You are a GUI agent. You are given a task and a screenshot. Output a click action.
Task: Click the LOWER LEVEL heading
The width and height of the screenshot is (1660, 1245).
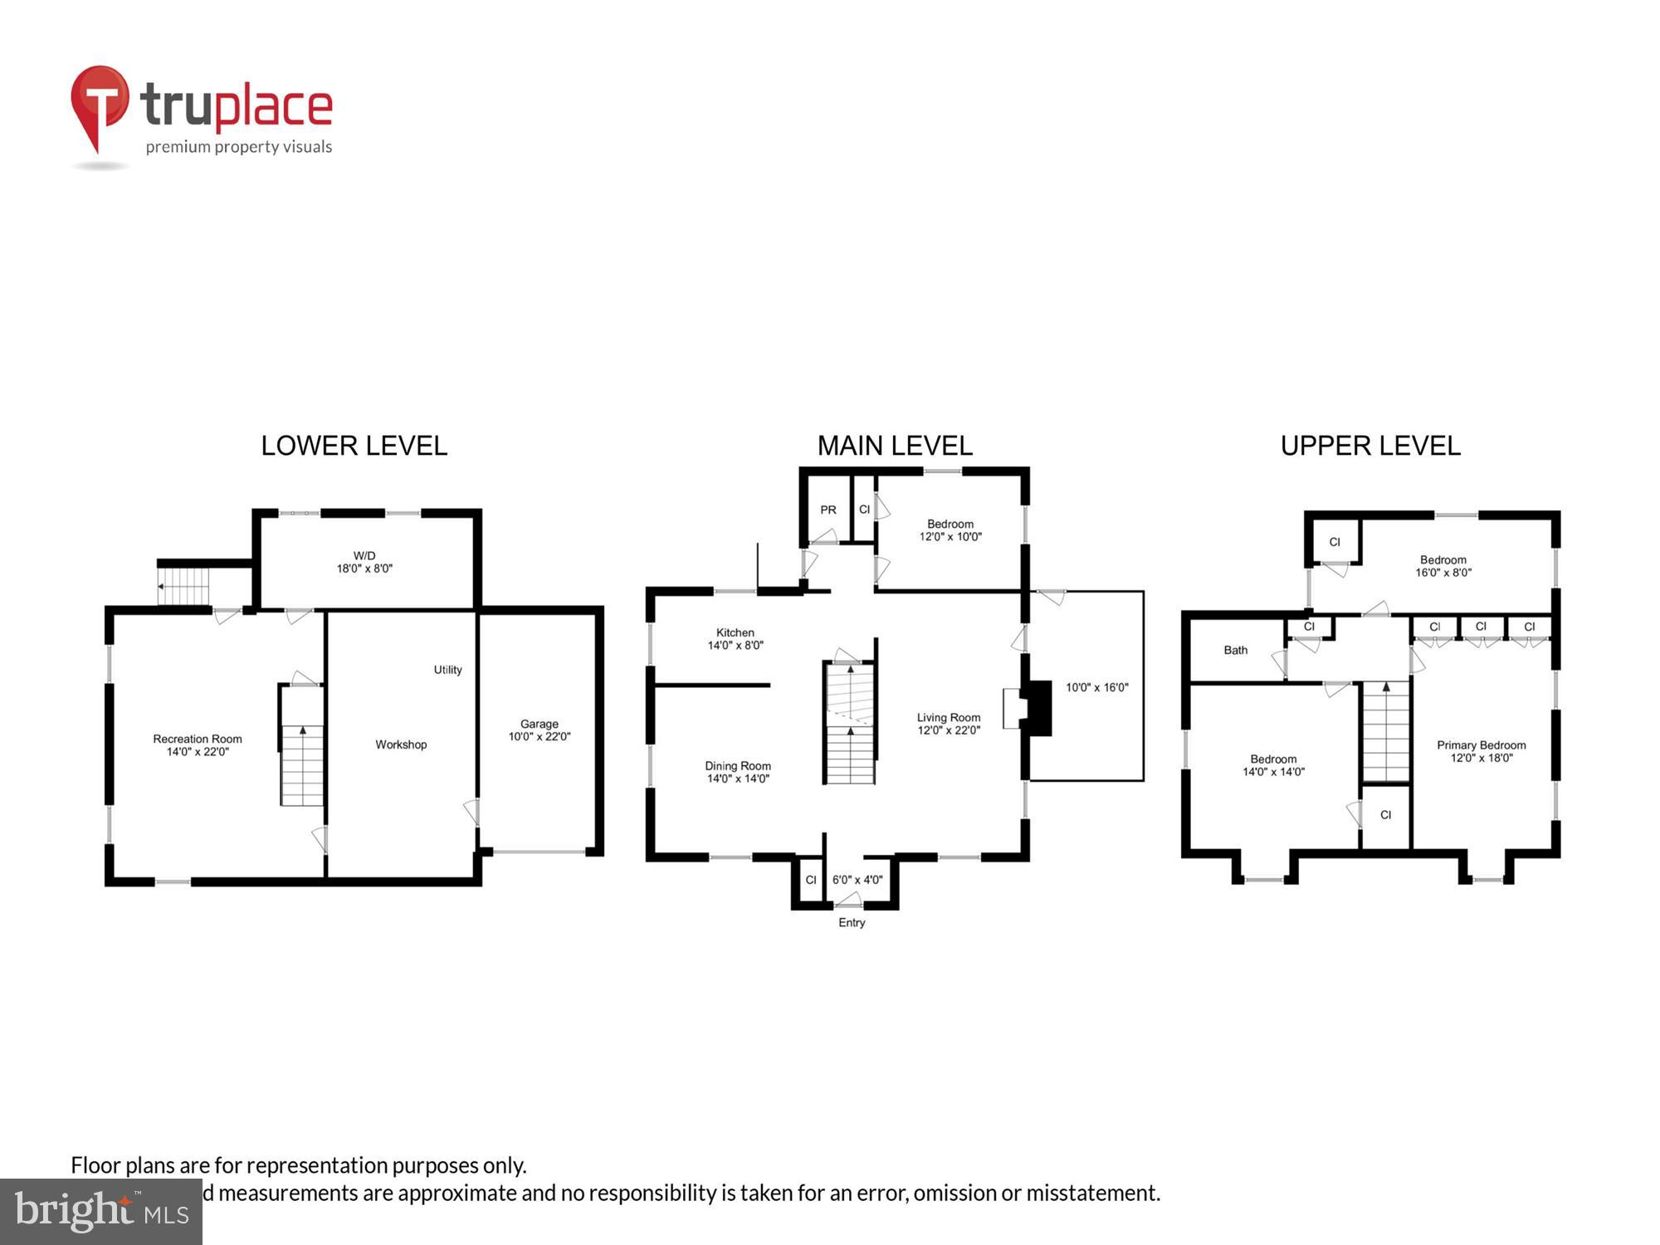354,446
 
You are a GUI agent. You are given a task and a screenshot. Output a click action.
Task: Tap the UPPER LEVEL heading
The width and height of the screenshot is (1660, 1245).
1370,446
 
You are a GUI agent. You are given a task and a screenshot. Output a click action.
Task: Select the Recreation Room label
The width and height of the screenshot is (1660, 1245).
198,745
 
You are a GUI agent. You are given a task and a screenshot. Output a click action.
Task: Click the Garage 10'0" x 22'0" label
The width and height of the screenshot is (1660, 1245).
539,730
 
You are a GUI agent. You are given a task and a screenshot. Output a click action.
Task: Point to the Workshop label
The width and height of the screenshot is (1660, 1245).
401,745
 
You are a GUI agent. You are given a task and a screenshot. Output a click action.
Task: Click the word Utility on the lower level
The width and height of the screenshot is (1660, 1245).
447,670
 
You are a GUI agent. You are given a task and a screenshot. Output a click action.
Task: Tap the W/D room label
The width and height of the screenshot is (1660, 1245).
364,562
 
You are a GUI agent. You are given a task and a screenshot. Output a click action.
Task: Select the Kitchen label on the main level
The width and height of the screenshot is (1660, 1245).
735,638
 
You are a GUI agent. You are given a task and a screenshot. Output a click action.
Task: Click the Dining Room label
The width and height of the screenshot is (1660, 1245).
738,772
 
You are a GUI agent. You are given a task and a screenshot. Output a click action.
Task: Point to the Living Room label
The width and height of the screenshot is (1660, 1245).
949,724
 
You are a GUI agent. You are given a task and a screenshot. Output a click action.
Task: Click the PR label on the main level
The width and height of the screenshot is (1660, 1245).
828,510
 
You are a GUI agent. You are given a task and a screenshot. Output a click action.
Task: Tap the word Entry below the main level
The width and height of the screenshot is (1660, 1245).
852,922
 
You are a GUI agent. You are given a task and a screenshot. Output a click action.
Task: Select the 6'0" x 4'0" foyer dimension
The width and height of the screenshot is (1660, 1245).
857,880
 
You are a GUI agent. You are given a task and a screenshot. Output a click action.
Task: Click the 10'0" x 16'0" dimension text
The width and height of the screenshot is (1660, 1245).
1096,687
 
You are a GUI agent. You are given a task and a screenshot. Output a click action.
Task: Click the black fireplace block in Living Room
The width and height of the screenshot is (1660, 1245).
1037,708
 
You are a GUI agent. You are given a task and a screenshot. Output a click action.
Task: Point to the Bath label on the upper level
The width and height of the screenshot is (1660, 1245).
1235,650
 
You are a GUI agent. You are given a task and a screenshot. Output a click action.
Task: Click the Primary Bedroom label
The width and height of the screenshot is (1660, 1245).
1481,751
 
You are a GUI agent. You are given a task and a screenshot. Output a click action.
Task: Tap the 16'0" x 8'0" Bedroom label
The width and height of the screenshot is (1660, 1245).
1443,566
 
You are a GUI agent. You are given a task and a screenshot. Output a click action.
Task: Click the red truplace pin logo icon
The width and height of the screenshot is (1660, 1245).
100,104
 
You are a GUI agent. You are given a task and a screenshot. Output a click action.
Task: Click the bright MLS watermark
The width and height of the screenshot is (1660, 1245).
101,1212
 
